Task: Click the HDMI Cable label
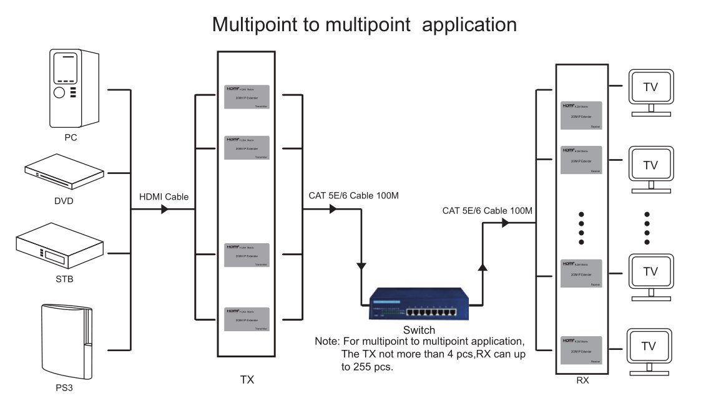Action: tap(164, 196)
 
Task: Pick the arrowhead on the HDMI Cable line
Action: tap(165, 210)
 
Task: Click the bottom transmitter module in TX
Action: tap(247, 319)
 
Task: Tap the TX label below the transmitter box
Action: tap(247, 379)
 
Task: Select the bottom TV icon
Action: tap(650, 346)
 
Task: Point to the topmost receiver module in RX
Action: tap(581, 115)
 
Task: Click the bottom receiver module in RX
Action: tap(581, 349)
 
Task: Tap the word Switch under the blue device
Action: tap(419, 330)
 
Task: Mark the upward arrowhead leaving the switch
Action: tap(482, 268)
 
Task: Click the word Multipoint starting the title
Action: tap(257, 24)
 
